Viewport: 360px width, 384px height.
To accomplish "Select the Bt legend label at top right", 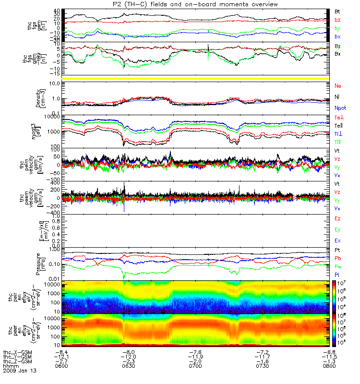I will pos(337,11).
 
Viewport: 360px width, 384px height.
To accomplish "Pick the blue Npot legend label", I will pos(340,109).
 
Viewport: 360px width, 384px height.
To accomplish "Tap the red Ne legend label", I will pos(338,85).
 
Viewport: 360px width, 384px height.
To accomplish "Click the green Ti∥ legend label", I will pos(338,142).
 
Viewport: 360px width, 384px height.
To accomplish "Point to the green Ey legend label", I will pos(338,230).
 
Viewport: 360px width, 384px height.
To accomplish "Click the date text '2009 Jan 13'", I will pos(20,371).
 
